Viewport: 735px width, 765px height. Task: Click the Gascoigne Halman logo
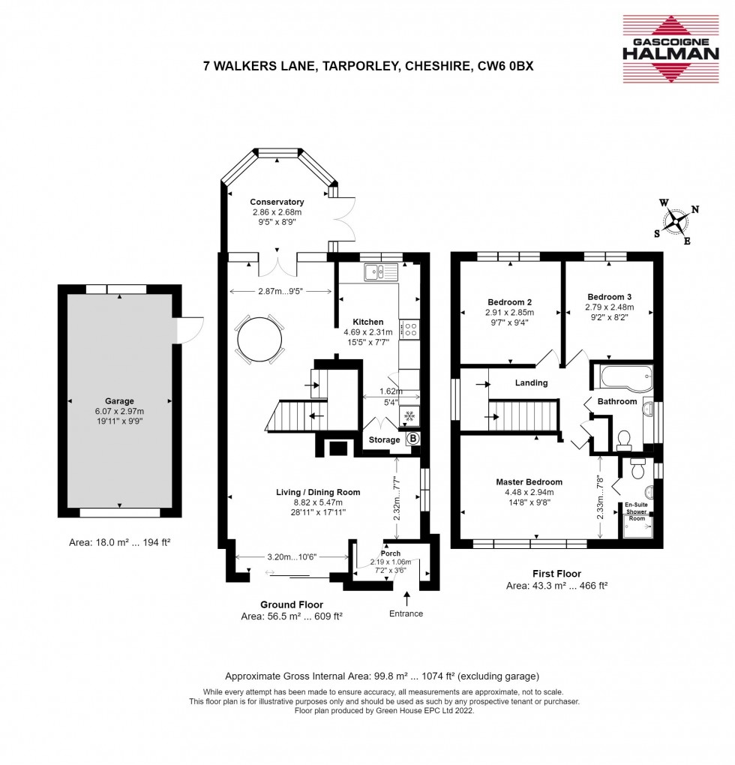pyautogui.click(x=670, y=48)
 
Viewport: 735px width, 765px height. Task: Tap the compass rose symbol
pyautogui.click(x=676, y=223)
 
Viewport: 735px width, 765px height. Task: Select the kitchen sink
pyautogui.click(x=381, y=271)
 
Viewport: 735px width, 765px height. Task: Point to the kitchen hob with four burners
pyautogui.click(x=409, y=328)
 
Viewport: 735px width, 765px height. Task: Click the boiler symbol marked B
pyautogui.click(x=413, y=439)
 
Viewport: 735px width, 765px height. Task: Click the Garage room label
pyautogui.click(x=119, y=401)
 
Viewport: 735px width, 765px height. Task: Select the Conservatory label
pyautogui.click(x=277, y=202)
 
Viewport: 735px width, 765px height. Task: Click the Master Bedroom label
pyautogui.click(x=529, y=482)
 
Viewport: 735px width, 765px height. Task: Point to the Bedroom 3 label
pyautogui.click(x=609, y=297)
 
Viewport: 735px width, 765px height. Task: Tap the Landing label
pyautogui.click(x=531, y=383)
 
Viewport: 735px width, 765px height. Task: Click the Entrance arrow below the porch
pyautogui.click(x=406, y=598)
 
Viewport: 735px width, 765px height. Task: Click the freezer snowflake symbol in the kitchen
pyautogui.click(x=409, y=416)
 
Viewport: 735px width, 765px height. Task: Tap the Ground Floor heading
pyautogui.click(x=292, y=605)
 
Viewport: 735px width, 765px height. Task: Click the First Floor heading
pyautogui.click(x=556, y=574)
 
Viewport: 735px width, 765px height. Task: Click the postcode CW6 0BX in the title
pyautogui.click(x=505, y=66)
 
